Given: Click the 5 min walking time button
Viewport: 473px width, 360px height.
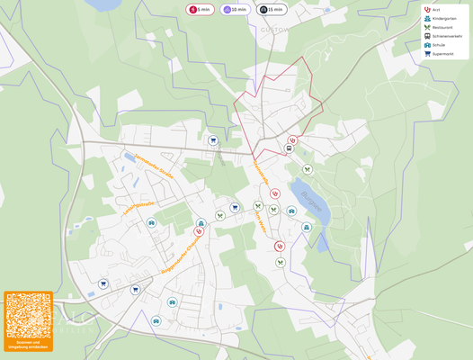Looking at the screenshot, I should click(200, 9).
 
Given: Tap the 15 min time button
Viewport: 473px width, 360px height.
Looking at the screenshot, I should click(272, 9).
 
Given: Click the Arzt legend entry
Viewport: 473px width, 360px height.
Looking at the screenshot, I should click(435, 10).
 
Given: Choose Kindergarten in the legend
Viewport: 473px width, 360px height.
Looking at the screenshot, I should click(443, 18).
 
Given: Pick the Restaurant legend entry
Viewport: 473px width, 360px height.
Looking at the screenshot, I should click(442, 27).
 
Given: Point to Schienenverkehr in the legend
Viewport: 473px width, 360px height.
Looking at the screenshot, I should click(446, 36).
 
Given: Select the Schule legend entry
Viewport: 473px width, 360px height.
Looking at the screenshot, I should click(437, 45).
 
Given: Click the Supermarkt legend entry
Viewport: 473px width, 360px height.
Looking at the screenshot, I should click(442, 53).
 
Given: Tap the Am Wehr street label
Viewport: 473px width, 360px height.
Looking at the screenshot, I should click(261, 221).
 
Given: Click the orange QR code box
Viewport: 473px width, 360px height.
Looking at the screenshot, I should click(28, 320).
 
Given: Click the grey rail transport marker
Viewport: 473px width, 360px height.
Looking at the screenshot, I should click(289, 148).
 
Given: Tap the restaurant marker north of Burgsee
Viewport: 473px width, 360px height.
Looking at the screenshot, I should click(308, 169).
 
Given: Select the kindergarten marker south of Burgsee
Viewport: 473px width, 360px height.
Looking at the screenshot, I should click(307, 228).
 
